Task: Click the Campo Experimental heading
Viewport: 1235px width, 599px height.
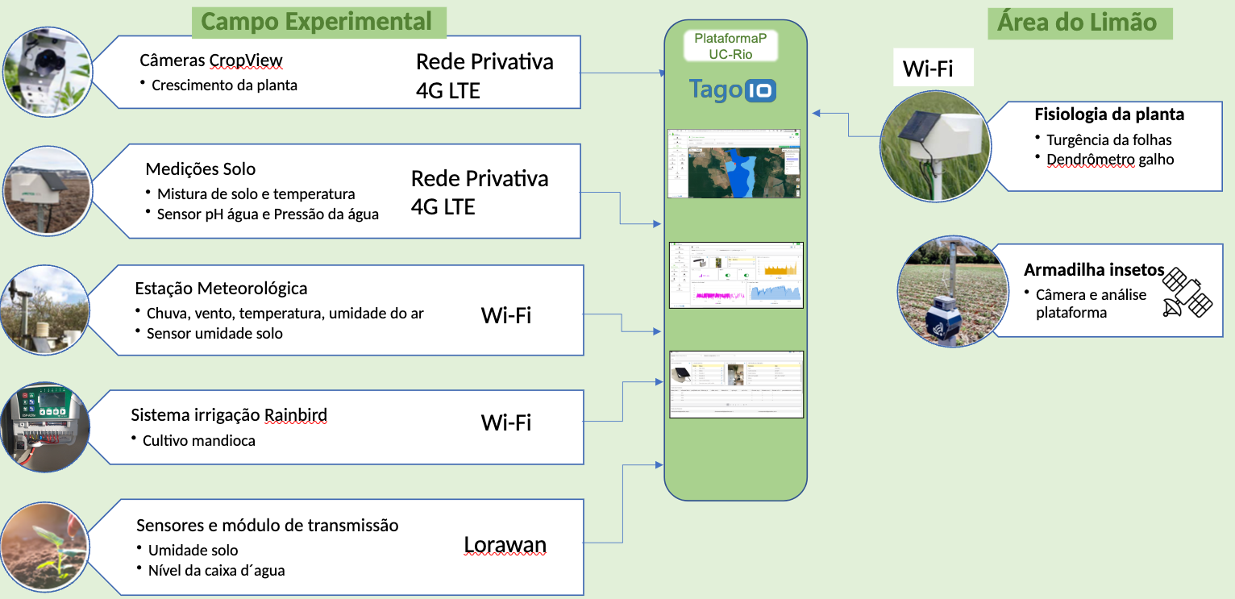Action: (x=317, y=21)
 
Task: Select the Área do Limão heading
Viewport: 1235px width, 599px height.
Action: (x=1077, y=22)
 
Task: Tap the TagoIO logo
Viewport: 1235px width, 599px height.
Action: (x=733, y=89)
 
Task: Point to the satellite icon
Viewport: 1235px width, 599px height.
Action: (x=1187, y=291)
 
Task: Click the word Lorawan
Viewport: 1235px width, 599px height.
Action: (x=505, y=546)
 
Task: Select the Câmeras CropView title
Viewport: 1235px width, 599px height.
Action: (x=211, y=60)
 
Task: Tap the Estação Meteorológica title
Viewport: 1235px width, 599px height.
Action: (x=221, y=289)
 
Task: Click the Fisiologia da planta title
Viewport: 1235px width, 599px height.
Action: (x=1109, y=114)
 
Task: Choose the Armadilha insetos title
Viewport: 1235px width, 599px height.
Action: (x=1094, y=269)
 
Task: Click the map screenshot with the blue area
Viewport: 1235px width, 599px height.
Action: (x=734, y=164)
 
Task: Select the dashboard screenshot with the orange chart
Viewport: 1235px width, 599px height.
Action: (x=736, y=275)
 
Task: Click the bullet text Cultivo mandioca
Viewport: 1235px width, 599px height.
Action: (x=198, y=440)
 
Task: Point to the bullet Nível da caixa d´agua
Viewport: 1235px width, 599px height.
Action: (x=216, y=571)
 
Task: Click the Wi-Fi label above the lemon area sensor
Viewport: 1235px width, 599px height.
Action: (x=928, y=69)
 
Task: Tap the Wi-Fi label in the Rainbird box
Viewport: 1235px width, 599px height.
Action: (x=505, y=422)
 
